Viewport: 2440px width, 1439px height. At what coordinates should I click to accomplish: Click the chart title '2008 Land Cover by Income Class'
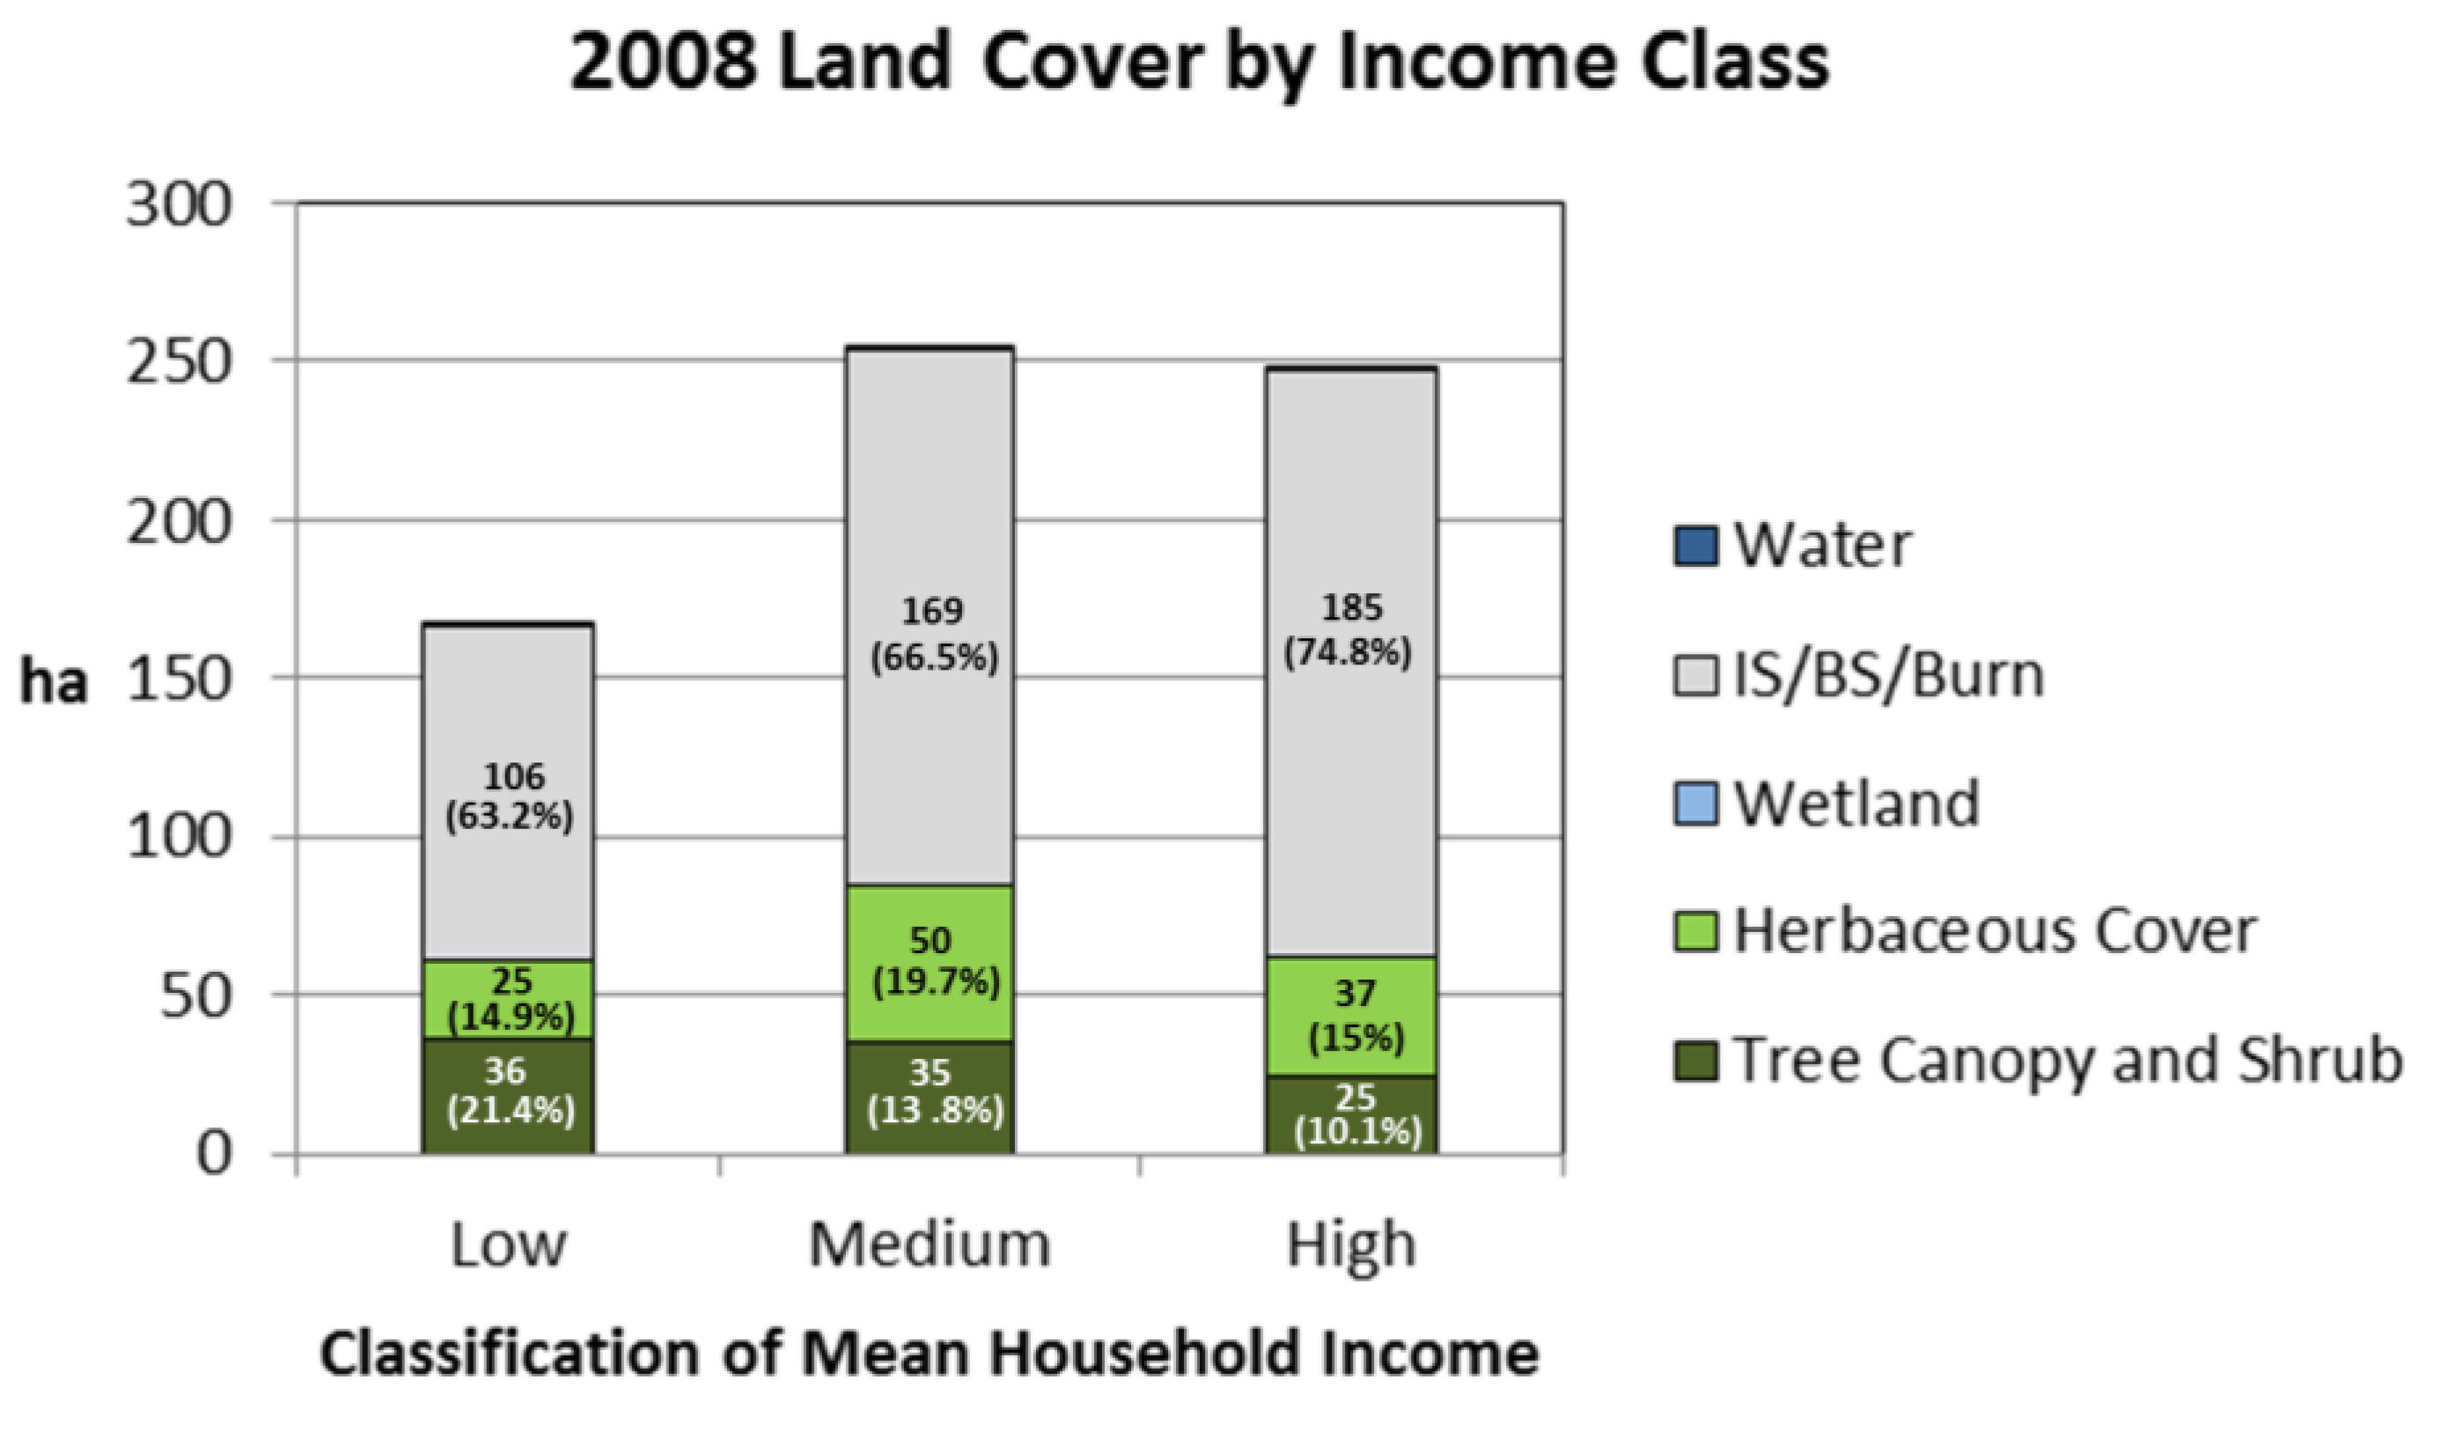pyautogui.click(x=1199, y=62)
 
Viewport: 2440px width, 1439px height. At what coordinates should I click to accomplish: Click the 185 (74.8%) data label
pyautogui.click(x=1350, y=630)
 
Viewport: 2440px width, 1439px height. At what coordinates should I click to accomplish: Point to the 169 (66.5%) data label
pyautogui.click(x=933, y=635)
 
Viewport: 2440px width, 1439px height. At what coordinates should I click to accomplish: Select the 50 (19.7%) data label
pyautogui.click(x=934, y=961)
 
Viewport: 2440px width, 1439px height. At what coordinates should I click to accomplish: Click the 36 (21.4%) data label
pyautogui.click(x=508, y=1090)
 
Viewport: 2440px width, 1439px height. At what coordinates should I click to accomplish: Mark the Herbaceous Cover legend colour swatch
pyautogui.click(x=1695, y=932)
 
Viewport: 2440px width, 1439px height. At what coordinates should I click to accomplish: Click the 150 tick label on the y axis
pyautogui.click(x=180, y=679)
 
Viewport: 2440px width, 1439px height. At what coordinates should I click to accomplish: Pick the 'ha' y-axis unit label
pyautogui.click(x=55, y=683)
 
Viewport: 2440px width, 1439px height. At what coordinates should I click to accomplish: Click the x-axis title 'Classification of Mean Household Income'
pyautogui.click(x=929, y=1354)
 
